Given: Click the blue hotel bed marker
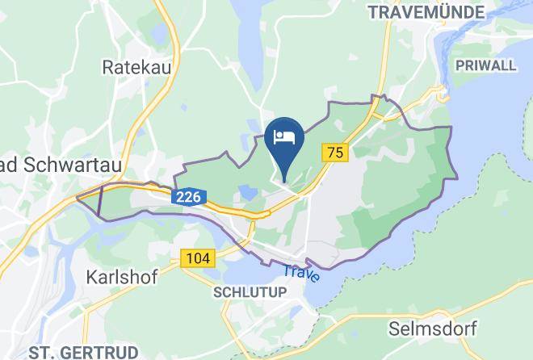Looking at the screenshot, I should [x=284, y=140].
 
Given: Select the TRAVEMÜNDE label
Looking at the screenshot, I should [x=426, y=12].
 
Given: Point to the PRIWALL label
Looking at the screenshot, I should [x=485, y=65].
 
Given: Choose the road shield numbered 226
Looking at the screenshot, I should [x=189, y=196].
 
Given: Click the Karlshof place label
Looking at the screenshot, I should [x=119, y=276].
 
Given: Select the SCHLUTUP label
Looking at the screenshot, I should [x=250, y=291].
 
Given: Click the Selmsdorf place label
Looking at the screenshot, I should [x=432, y=329].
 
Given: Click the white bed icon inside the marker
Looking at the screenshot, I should [x=284, y=136].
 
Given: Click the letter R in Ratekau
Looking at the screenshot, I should [x=108, y=66].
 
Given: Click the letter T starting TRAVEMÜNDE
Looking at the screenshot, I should [x=372, y=12].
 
